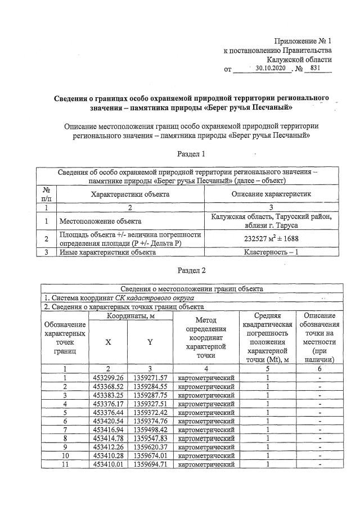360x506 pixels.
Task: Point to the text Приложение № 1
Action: (303, 41)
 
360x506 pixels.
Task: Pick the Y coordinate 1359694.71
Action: (150, 464)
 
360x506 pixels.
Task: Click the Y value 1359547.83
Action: (150, 438)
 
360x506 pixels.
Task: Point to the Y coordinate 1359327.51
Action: (150, 403)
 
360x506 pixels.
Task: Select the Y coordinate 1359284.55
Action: (150, 386)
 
